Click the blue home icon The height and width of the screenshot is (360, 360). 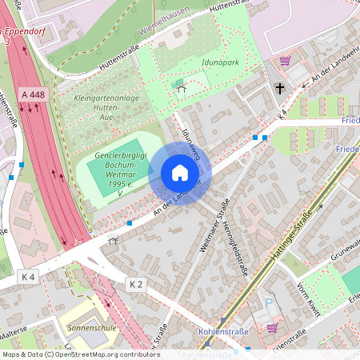pos(180,173)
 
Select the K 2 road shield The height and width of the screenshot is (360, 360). pos(137,284)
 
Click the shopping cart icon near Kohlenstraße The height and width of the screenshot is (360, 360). pos(273,327)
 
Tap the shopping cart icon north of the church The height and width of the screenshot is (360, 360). pos(285,61)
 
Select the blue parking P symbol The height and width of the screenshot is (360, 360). pos(269,302)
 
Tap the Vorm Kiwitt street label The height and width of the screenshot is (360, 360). pos(307,297)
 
